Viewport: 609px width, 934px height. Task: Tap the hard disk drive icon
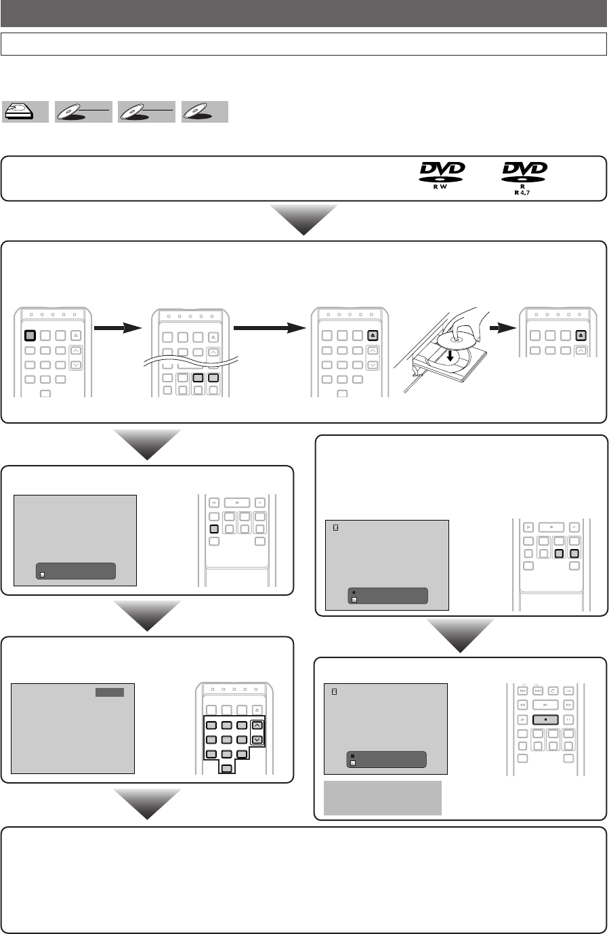[25, 112]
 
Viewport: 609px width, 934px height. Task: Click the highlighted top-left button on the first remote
[30, 335]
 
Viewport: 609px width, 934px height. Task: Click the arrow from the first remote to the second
[118, 328]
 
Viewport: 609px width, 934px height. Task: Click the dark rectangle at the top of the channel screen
[109, 693]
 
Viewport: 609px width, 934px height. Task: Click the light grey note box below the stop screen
[383, 798]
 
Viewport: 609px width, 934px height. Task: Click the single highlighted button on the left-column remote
[213, 529]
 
